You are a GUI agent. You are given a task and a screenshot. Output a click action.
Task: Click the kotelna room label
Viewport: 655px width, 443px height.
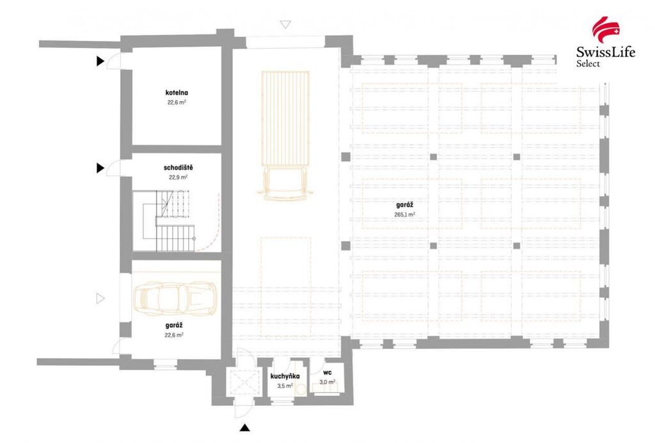coord(177,93)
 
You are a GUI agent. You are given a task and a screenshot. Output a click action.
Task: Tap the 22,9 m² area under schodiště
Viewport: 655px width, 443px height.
coord(178,177)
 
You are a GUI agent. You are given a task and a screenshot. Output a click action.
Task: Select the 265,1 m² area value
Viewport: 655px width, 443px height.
coord(404,215)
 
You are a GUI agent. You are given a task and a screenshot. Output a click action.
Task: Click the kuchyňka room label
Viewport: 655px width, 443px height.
coord(285,376)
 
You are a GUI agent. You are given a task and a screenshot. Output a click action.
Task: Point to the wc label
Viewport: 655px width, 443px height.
coord(327,373)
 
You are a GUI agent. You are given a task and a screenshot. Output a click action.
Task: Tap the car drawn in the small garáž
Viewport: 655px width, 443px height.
coord(175,298)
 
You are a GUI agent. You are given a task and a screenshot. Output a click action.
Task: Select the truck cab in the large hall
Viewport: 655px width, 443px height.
coord(286,183)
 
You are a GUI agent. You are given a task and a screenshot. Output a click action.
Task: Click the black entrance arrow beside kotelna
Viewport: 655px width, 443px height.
coord(100,61)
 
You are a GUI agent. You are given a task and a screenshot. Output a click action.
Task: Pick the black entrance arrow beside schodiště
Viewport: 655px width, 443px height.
coord(100,168)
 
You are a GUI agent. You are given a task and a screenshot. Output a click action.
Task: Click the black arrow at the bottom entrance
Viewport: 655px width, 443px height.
coord(245,428)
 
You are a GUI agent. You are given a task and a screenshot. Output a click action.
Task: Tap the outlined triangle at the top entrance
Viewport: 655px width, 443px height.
coord(285,25)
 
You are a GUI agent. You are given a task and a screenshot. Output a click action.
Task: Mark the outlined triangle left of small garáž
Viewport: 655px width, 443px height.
coord(100,298)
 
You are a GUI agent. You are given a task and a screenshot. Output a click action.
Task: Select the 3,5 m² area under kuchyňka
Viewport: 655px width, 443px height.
coord(285,386)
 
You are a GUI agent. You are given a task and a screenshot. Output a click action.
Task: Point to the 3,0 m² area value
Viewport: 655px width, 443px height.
coord(327,382)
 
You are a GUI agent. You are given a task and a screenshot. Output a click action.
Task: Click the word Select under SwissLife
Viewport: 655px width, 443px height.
coord(588,63)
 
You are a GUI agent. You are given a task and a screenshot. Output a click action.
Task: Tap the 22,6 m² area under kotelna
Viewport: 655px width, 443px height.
coord(177,102)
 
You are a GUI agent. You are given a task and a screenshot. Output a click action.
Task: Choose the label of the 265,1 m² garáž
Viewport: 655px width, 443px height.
coord(404,205)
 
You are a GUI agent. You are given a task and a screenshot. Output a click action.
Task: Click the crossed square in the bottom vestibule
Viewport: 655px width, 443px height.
coord(242,382)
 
